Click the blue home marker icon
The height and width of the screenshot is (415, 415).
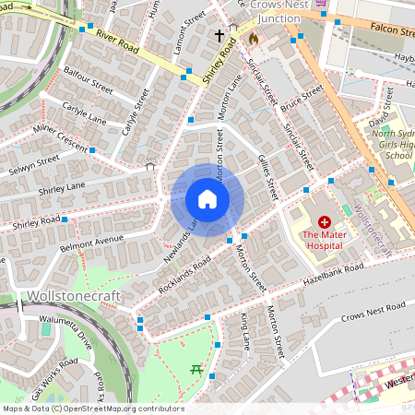click(x=207, y=199)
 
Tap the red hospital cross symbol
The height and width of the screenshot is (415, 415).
click(x=325, y=222)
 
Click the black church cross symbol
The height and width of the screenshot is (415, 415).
click(x=219, y=37)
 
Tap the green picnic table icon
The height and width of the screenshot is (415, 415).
click(x=196, y=371)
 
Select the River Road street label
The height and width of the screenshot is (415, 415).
click(x=116, y=41)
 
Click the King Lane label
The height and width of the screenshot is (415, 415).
click(x=244, y=331)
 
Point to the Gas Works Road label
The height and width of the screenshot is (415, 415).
click(x=53, y=382)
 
